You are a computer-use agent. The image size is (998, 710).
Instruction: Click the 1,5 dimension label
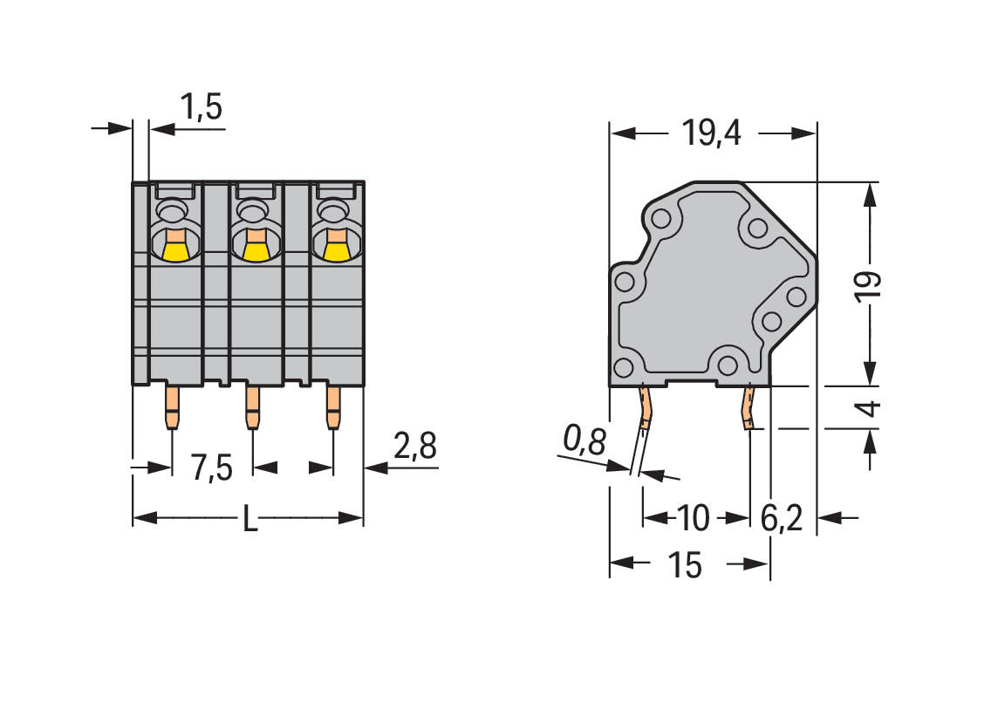pos(202,107)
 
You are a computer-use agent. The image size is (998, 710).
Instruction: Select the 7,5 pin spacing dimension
pos(212,468)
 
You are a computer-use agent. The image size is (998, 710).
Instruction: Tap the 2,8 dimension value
pos(415,446)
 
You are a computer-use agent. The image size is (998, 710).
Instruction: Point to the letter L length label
pos(250,521)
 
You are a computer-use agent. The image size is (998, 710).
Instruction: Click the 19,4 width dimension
pos(712,133)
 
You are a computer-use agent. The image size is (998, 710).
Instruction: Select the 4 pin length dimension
pos(870,408)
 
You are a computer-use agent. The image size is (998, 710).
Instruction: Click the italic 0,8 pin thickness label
pos(584,440)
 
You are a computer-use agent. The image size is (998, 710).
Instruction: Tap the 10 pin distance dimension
pos(693,518)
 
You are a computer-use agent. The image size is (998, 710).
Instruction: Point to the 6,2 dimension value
pos(782,518)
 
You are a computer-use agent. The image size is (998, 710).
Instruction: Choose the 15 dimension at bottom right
pos(685,564)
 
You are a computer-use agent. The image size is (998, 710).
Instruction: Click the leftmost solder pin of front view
pos(172,407)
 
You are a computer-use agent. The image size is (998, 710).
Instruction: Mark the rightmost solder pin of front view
pos(333,407)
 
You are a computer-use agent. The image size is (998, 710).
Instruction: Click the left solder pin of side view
pos(645,407)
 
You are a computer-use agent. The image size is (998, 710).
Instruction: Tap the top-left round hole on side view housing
pos(661,220)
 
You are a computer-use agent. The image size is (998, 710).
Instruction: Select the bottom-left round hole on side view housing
pos(623,367)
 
